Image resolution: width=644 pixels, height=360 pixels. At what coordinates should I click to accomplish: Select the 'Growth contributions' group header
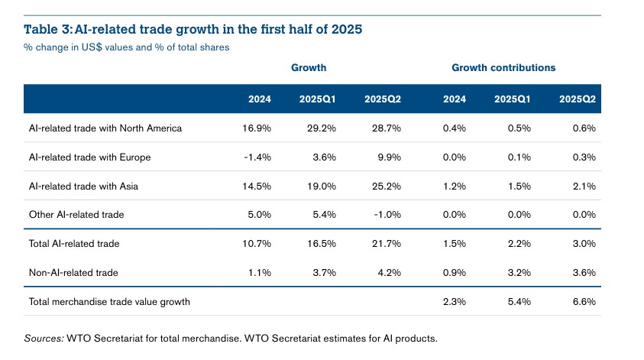click(503, 68)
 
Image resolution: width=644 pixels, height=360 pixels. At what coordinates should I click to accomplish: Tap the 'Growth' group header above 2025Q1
click(309, 68)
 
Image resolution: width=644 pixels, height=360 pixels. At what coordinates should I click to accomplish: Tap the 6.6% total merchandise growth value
click(583, 301)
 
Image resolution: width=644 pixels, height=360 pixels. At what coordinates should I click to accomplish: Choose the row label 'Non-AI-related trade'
click(72, 272)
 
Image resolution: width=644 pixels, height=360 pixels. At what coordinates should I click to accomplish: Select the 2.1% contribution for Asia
click(583, 186)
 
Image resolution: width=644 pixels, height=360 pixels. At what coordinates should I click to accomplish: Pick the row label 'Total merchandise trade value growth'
click(109, 301)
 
